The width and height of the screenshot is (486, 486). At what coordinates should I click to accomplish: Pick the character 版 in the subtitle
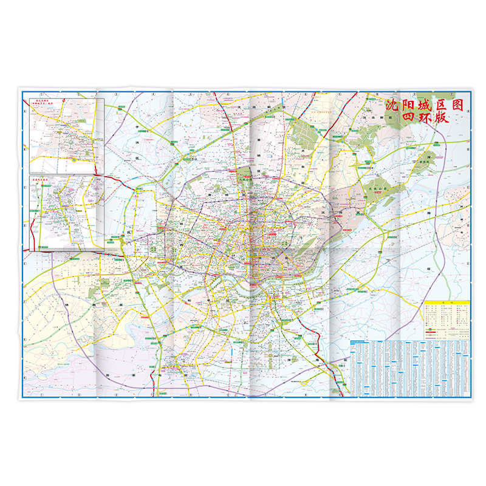click(x=441, y=118)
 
